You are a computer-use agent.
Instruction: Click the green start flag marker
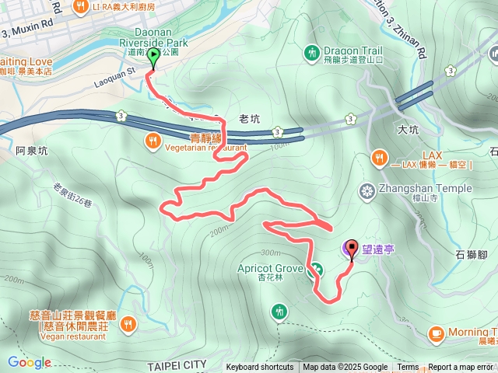tap(152, 57)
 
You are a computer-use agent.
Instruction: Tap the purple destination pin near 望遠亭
tap(350, 249)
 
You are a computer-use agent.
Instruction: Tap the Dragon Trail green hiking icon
tap(311, 53)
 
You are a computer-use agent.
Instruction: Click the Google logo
tap(30, 362)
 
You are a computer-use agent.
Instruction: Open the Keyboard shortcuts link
tap(260, 368)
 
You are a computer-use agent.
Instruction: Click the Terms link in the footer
tap(408, 368)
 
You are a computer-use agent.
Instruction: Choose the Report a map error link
tap(461, 368)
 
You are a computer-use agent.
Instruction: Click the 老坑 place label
tap(249, 119)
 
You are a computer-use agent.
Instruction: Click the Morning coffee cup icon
tap(436, 333)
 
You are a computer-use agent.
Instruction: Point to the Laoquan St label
tap(115, 71)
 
